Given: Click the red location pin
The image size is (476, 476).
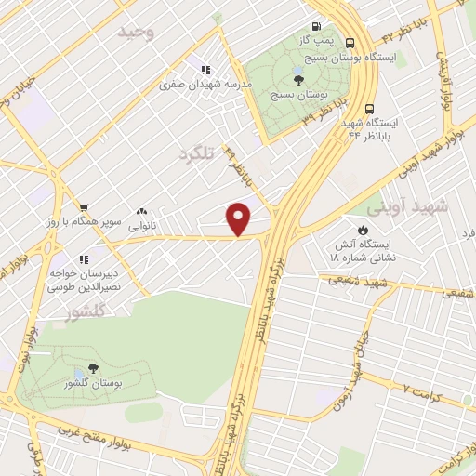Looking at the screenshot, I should click(239, 218).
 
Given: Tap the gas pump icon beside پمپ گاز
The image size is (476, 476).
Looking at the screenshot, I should click(318, 26).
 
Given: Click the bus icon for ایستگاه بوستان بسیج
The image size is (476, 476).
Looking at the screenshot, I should click(350, 43).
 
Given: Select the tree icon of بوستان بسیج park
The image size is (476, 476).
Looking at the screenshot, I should click(297, 80).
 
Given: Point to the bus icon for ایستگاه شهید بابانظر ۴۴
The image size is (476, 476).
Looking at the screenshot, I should click(370, 107).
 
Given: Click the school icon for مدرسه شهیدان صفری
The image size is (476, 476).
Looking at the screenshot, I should click(205, 69).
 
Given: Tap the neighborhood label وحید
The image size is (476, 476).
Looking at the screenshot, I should click(135, 32).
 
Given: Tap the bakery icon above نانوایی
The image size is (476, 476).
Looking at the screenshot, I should click(141, 212).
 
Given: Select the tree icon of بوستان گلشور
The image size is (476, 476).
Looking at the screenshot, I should click(91, 369).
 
